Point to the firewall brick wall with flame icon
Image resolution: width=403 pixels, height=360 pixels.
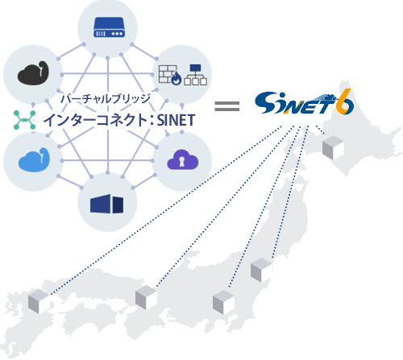click(x=169, y=76)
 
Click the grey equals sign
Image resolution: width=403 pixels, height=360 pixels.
click(x=228, y=106)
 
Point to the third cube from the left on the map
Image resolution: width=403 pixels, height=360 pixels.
click(x=222, y=301)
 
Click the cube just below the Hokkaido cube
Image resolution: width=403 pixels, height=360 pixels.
click(x=261, y=270)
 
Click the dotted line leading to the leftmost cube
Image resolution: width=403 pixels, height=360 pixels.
click(x=161, y=213)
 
